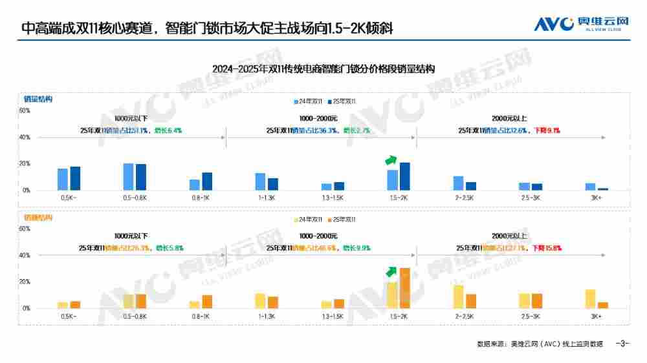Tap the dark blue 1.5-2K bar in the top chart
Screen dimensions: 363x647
405,176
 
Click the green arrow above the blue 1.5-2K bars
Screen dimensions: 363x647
390,160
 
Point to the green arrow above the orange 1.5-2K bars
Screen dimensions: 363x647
390,271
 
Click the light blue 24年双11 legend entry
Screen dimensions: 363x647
309,102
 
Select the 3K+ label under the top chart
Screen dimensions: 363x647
596,198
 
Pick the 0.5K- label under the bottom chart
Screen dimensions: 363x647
68,316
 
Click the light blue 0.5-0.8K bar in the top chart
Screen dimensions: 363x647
128,177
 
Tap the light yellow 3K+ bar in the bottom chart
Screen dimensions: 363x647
590,298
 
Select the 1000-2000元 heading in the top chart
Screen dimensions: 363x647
318,118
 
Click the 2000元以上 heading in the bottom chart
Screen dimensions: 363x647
509,236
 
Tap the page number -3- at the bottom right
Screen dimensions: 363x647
622,344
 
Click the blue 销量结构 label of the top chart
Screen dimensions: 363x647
38,99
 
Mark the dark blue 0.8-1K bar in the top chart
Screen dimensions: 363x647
207,181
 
